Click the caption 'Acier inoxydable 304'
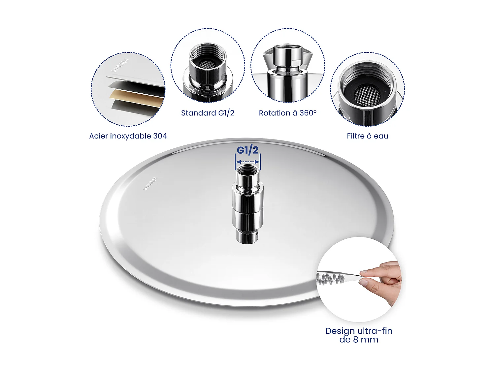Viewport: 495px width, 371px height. [128, 136]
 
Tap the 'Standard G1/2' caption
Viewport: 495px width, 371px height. [208, 113]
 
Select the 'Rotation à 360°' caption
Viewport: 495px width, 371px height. [287, 113]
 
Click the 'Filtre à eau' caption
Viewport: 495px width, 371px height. [367, 136]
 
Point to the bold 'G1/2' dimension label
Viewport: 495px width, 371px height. [247, 150]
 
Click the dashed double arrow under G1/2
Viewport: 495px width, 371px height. [248, 162]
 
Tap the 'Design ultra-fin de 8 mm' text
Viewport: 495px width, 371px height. [359, 335]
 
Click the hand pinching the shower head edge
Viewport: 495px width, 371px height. [383, 279]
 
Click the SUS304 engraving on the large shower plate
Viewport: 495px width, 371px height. [150, 184]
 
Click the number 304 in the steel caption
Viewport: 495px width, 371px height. [160, 136]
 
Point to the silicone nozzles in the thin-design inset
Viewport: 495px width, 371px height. [330, 278]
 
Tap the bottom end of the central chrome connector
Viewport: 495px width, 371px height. [247, 238]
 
